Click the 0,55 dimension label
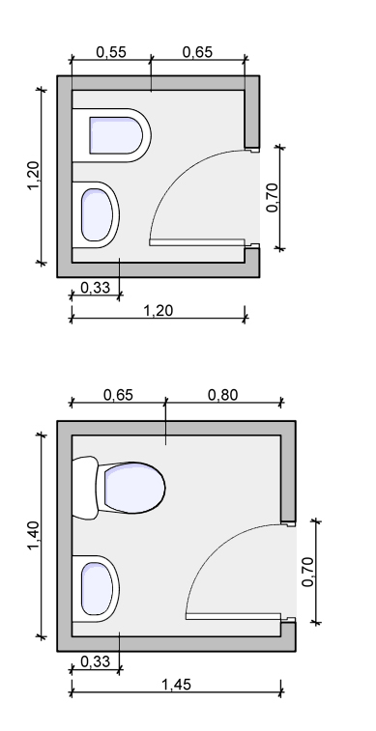pyautogui.click(x=111, y=52)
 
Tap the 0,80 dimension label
pyautogui.click(x=222, y=395)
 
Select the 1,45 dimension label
pyautogui.click(x=176, y=685)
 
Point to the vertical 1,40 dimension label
pyautogui.click(x=34, y=535)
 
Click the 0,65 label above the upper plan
pyautogui.click(x=197, y=52)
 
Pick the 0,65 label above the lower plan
pyautogui.click(x=118, y=395)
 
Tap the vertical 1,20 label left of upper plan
pyautogui.click(x=34, y=176)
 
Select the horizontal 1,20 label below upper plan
pyautogui.click(x=158, y=310)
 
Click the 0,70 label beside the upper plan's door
pyautogui.click(x=272, y=198)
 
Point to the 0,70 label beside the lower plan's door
pyautogui.click(x=309, y=572)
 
